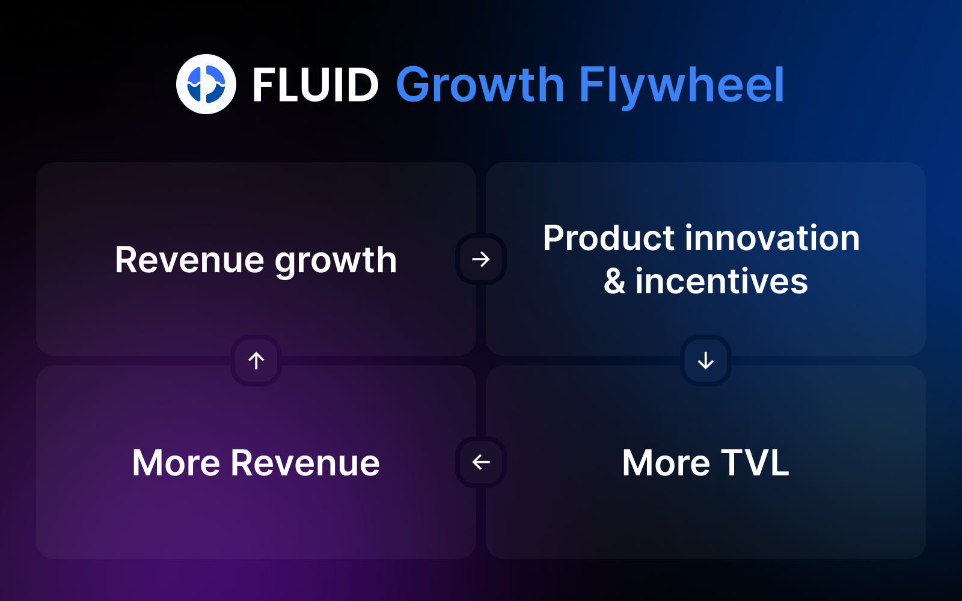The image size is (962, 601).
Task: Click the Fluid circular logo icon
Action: (x=206, y=84)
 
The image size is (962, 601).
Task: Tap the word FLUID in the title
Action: (x=315, y=85)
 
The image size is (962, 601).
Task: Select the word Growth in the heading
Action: (x=480, y=85)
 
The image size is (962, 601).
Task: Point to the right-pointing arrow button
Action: (x=481, y=259)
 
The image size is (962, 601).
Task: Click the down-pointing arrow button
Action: (x=706, y=361)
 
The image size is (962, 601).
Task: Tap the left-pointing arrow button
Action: (x=481, y=462)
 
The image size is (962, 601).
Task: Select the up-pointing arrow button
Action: (x=256, y=361)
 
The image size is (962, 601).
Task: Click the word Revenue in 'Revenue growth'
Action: (x=189, y=260)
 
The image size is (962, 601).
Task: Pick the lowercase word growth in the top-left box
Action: (x=336, y=262)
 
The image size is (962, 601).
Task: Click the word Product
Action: (x=608, y=238)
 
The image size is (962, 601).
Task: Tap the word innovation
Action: (x=772, y=238)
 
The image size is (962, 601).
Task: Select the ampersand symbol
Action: (x=614, y=281)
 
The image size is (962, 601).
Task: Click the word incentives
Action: (x=721, y=281)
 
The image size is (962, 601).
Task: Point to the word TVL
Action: (x=755, y=463)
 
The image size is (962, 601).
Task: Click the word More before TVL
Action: (x=666, y=463)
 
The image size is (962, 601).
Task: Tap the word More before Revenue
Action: (x=176, y=463)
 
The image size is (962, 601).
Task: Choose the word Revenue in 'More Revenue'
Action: (x=305, y=463)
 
